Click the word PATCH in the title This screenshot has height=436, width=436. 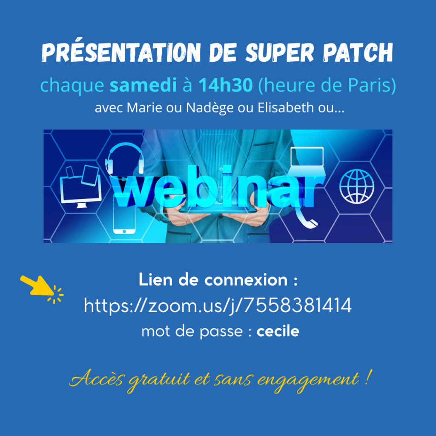[358, 52]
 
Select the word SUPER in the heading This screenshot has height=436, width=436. [280, 52]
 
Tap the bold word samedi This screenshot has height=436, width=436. [143, 85]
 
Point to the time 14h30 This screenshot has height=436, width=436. [226, 85]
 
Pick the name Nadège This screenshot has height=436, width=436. [209, 108]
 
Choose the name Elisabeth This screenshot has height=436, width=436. [286, 107]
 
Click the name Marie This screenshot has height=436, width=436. [144, 107]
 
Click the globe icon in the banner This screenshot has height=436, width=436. [357, 186]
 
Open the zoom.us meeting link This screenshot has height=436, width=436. [218, 306]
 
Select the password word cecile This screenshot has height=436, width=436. [278, 331]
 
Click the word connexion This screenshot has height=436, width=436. [246, 280]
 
